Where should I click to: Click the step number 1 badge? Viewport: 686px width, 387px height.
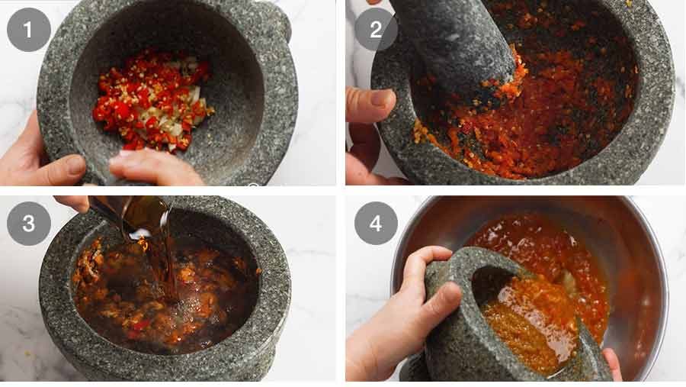pyautogui.click(x=28, y=30)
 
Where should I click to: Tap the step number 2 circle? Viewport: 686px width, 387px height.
pyautogui.click(x=376, y=30)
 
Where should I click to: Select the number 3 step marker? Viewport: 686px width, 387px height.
pyautogui.click(x=28, y=223)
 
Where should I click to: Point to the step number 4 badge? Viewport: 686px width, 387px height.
pyautogui.click(x=376, y=223)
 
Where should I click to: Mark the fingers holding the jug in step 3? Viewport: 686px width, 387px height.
pyautogui.click(x=72, y=202)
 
